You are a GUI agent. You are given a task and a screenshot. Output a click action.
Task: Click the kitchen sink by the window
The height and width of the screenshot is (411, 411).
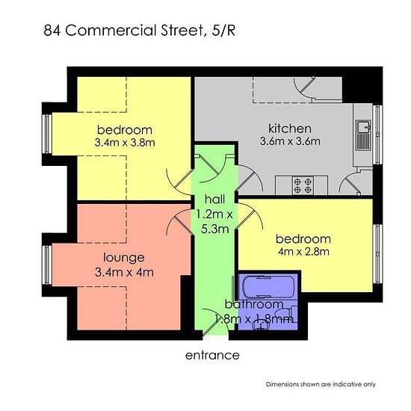click(362, 135)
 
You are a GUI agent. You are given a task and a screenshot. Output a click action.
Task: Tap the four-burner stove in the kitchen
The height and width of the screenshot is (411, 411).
click(303, 185)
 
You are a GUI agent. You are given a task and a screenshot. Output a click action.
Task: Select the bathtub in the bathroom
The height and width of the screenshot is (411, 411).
click(268, 286)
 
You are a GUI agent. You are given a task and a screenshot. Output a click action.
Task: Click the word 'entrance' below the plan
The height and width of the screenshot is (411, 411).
click(212, 356)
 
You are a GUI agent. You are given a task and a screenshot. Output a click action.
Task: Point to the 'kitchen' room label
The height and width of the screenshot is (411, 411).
click(290, 129)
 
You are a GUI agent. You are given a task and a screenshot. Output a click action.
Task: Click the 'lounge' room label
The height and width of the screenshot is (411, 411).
click(124, 258)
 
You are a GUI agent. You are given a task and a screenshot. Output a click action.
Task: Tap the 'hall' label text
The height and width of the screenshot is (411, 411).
click(214, 200)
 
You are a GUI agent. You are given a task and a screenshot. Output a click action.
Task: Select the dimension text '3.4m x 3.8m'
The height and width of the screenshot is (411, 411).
click(125, 143)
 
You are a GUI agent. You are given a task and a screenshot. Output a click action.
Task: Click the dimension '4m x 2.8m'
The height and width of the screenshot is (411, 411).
click(303, 252)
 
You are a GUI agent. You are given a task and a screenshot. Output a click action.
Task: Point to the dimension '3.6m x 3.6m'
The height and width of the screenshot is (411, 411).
click(290, 141)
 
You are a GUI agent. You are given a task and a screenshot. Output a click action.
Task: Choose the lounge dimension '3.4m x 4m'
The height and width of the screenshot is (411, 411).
click(124, 272)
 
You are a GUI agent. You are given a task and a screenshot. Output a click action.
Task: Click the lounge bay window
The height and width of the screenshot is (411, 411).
click(47, 265)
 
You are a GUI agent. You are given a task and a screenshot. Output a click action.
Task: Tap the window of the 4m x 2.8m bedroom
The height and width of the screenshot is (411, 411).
click(377, 254)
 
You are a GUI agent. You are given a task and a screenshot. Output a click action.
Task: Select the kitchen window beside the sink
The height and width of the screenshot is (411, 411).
click(377, 135)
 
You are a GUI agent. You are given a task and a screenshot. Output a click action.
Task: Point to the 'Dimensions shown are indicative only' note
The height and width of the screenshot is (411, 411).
click(321, 384)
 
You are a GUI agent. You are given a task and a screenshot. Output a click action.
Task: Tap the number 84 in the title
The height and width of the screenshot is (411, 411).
click(52, 31)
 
